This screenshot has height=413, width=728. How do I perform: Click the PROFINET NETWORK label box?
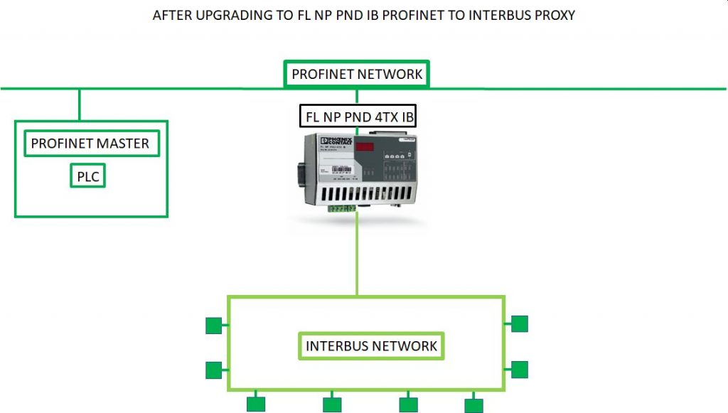coord(357,74)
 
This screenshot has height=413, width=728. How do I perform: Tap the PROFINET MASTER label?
coord(90,144)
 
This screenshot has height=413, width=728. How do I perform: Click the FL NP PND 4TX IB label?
coord(358,116)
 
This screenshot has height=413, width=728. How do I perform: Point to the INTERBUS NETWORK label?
coord(371,346)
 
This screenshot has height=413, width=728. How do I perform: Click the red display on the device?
coord(365,147)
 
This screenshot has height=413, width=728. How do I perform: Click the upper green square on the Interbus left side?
coord(213,326)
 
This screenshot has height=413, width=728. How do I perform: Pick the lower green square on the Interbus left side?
coord(213,370)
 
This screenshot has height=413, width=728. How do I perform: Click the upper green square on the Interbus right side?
coord(520,324)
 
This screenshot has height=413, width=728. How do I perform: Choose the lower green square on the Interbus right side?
coord(520,370)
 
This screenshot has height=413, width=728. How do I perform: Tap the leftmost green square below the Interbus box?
coord(256,404)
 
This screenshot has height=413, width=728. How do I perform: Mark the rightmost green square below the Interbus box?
coord(473,404)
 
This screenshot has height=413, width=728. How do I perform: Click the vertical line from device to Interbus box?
coord(357,256)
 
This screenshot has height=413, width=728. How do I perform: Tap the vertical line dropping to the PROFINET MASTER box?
coord(80,104)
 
